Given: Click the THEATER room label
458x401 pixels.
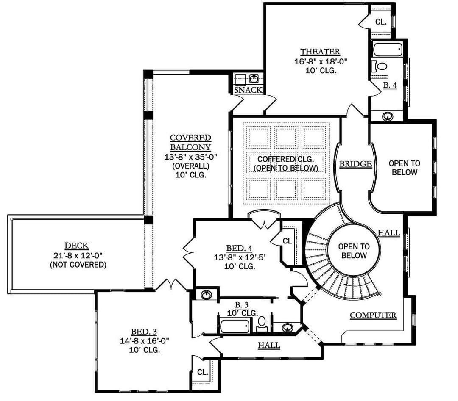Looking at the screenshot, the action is point(320,52).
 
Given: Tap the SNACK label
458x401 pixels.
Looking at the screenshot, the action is point(248,90).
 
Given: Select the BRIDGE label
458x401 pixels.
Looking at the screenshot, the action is point(355,164).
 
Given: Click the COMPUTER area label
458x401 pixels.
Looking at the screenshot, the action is point(373,315).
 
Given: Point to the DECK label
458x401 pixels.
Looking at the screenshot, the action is point(76,246).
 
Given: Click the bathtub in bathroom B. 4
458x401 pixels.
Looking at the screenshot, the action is point(388,50).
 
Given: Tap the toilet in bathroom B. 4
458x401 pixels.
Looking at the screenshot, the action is point(379,66).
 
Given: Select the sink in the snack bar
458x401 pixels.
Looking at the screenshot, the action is point(254,78).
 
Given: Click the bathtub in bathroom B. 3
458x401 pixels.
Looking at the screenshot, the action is point(235,326).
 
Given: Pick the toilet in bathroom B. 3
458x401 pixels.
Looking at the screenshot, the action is point(262,324).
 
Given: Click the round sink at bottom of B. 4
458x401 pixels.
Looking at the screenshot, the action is point(388,116).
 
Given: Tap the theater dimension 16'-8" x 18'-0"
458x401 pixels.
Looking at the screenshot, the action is point(321,61).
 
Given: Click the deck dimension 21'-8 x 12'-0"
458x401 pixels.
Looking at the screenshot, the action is point(78,255).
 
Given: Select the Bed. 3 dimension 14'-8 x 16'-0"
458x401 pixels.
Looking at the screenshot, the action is point(145,340).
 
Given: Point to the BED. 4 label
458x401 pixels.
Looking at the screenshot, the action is point(239,248).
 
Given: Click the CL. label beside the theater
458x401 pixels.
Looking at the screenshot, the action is point(380,22).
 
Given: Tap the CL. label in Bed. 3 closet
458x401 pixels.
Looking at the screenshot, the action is point(203,372).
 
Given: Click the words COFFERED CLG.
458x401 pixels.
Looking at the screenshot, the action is point(285,159).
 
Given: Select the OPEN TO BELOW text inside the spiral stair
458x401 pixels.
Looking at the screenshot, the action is point(354,251).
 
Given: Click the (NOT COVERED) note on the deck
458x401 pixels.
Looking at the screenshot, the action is point(78,265).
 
